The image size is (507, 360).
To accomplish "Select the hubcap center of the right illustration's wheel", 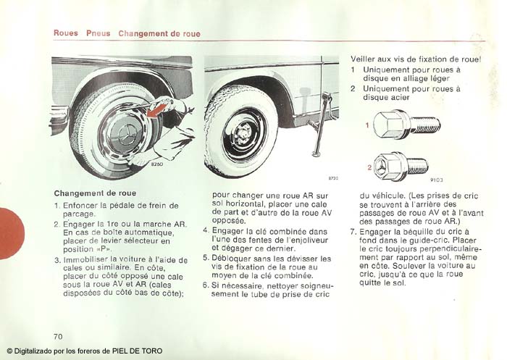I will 246,135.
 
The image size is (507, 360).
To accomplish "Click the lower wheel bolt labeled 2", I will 396,167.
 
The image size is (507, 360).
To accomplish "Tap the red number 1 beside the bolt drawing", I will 367,125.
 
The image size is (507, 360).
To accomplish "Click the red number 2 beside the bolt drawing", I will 368,167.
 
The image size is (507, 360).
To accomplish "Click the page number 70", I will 58,336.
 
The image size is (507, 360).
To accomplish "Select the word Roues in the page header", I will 66,33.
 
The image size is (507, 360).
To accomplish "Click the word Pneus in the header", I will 98,33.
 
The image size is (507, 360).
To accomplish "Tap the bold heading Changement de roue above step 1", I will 94,193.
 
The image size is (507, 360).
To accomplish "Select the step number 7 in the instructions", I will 353,231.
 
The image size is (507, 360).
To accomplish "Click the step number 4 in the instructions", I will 205,231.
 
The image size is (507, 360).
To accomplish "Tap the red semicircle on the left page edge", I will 10,233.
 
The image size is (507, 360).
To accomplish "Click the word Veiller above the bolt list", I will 366,59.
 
